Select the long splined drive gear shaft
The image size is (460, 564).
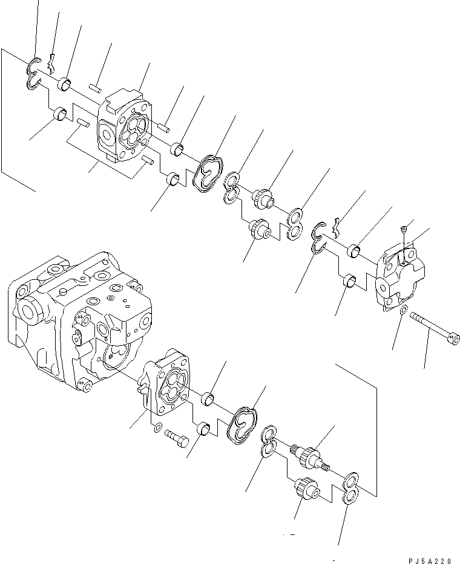pos(309,456)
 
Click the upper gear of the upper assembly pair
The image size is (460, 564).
pos(264,197)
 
